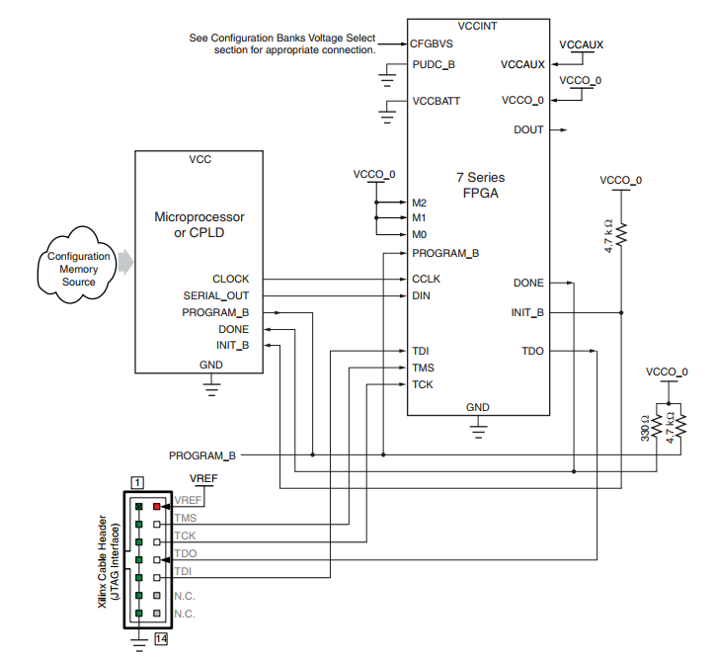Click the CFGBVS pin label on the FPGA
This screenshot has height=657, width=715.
[x=433, y=43]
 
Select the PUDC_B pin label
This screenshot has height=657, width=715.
[x=434, y=66]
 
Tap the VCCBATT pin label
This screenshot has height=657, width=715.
[x=437, y=101]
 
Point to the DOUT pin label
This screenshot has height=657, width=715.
[x=528, y=129]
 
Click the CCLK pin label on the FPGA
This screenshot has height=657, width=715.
[x=427, y=279]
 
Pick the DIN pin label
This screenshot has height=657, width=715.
[x=421, y=295]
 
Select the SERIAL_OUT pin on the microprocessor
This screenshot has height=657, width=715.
[x=215, y=295]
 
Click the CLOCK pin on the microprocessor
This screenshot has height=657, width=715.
[x=230, y=279]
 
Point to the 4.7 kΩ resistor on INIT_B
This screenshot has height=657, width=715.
[x=621, y=234]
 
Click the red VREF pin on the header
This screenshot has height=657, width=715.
[x=156, y=506]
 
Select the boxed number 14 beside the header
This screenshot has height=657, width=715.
[x=161, y=638]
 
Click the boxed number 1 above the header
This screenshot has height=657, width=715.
[x=138, y=482]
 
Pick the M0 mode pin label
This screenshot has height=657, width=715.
[x=420, y=234]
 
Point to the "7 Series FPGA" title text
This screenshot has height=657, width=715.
[x=480, y=186]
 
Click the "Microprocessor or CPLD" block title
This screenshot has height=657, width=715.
[x=199, y=224]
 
